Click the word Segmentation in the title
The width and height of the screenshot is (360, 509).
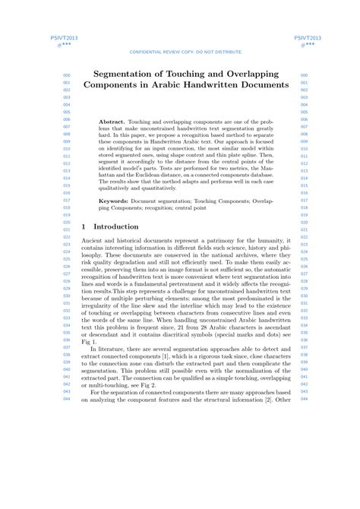128,75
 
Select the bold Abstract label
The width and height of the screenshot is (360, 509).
112,122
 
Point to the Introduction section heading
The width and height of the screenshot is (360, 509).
115,226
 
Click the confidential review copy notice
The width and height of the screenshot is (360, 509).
186,52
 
